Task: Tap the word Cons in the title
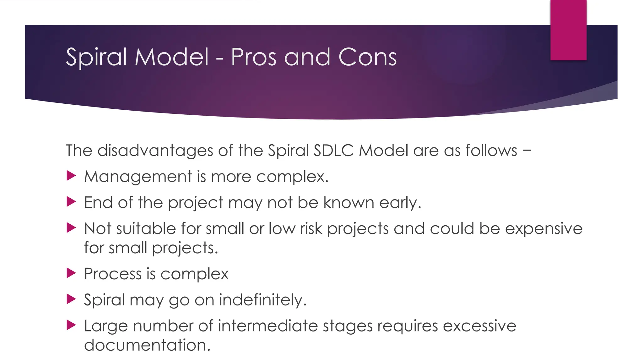tap(367, 57)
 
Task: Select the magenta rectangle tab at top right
tap(568, 30)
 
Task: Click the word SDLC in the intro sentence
tap(333, 151)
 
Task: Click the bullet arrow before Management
tap(71, 176)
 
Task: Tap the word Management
tap(138, 177)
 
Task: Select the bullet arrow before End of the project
tap(71, 202)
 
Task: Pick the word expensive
tap(543, 229)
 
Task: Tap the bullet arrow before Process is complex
tap(71, 273)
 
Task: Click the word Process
tap(113, 274)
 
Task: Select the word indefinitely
tap(262, 300)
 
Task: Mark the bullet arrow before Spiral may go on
tap(71, 299)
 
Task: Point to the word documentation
tap(147, 345)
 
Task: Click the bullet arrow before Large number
tap(71, 325)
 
